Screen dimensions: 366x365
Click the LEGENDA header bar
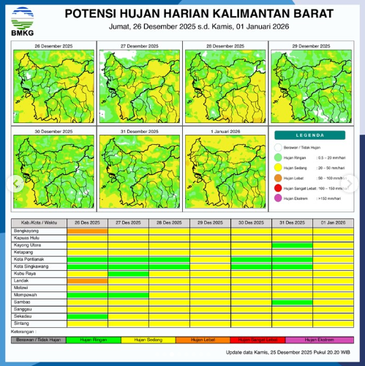click(314, 135)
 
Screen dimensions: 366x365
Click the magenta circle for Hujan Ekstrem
click(279, 198)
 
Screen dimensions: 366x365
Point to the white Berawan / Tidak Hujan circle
click(279, 147)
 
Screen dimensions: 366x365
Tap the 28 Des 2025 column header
click(169, 222)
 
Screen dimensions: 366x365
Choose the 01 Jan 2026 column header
click(333, 222)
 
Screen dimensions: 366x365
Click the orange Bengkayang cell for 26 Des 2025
click(87, 231)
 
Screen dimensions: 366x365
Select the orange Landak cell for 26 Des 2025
click(87, 280)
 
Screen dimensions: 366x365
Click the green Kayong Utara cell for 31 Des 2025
click(292, 245)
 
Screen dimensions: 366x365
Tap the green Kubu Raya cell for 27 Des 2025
click(128, 274)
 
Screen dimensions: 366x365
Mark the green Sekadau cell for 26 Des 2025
click(87, 316)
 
